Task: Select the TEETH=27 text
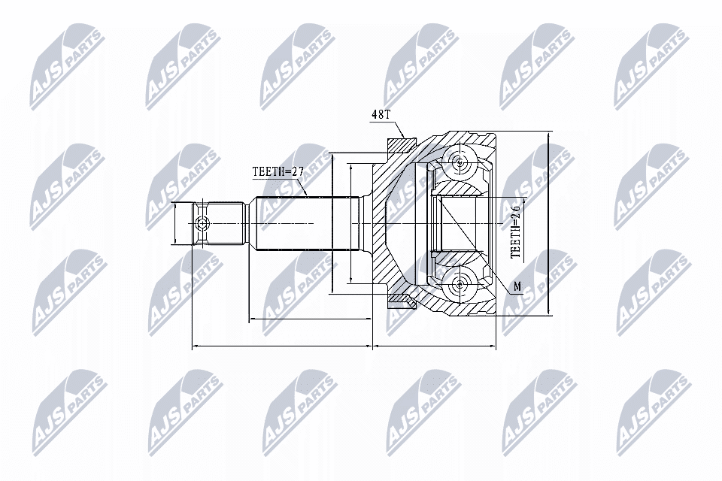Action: (x=278, y=171)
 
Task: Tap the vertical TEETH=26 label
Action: (x=517, y=232)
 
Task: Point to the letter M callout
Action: (x=517, y=286)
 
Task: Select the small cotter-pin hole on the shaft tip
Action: (x=201, y=223)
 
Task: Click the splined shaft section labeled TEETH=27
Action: (x=293, y=223)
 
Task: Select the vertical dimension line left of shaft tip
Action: (x=174, y=223)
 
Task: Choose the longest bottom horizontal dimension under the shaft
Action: (x=283, y=346)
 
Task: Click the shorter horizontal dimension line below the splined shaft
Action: (x=310, y=319)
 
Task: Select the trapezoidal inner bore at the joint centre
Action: (x=458, y=223)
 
